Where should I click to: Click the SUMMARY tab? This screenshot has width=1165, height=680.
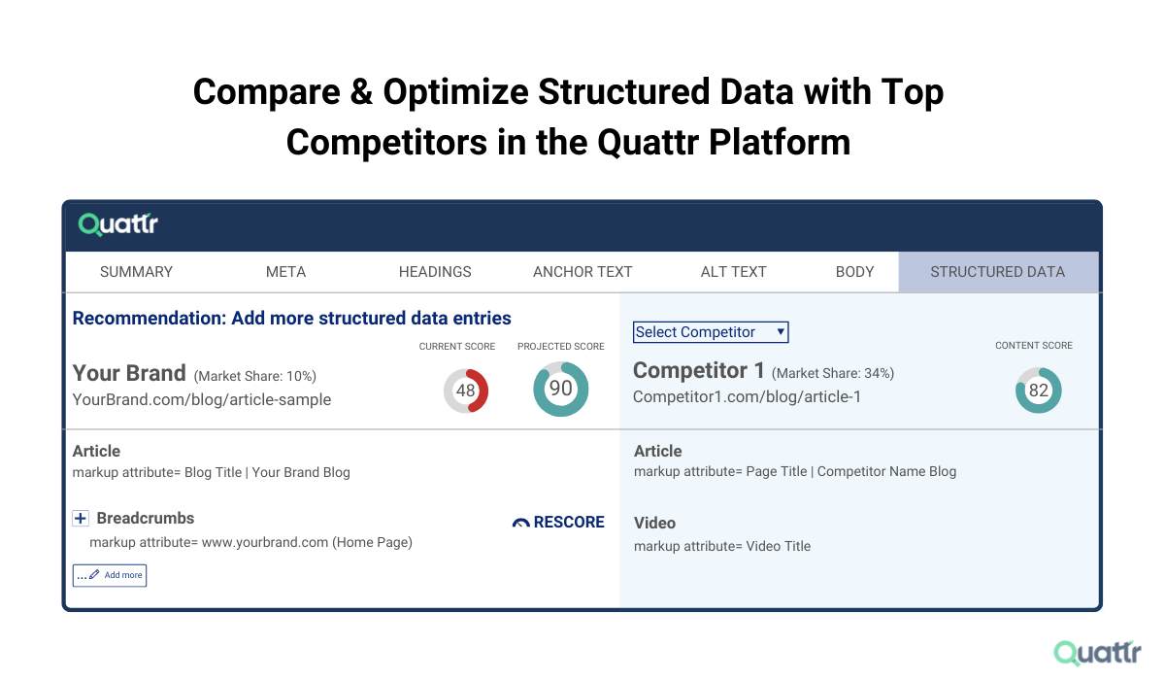click(136, 272)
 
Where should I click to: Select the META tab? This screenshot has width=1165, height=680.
click(285, 272)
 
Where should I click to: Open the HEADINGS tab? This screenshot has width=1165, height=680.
click(435, 272)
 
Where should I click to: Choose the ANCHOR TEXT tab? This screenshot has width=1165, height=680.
click(582, 272)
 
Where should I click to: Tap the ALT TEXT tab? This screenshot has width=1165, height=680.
click(733, 272)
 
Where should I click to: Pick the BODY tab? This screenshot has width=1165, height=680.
click(854, 272)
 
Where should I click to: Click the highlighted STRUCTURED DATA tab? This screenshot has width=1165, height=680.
click(997, 272)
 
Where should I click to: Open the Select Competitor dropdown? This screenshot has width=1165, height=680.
click(711, 332)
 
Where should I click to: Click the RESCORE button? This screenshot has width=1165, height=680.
click(558, 523)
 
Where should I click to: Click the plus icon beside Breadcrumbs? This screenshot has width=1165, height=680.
click(82, 519)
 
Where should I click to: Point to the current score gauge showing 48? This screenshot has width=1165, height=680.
click(466, 391)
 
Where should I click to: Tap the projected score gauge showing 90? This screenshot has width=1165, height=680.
click(561, 390)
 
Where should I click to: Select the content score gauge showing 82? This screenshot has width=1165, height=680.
click(1038, 391)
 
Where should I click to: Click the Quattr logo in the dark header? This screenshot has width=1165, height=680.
click(118, 225)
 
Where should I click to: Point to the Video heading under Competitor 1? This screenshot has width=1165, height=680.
click(654, 523)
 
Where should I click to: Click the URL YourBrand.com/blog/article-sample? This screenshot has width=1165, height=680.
click(202, 399)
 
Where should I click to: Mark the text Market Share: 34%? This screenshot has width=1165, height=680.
click(834, 373)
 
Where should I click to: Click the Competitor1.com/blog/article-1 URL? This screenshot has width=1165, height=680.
click(747, 396)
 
